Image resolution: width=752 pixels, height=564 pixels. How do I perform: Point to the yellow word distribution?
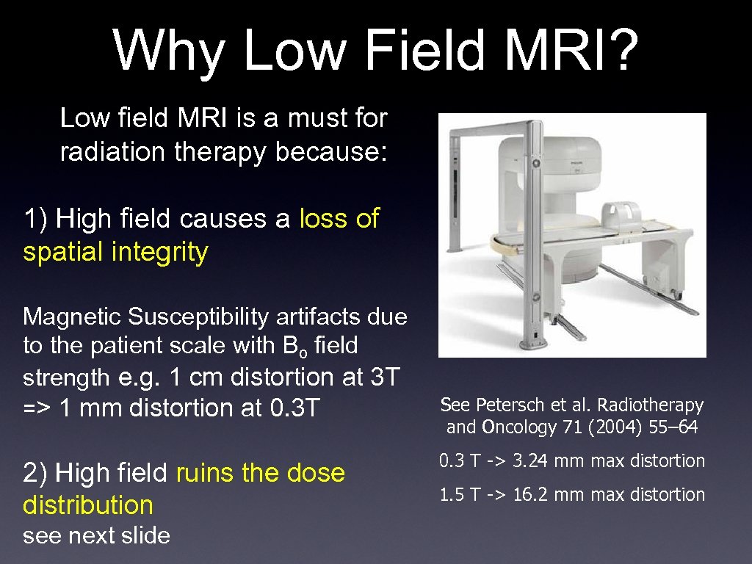click(88, 505)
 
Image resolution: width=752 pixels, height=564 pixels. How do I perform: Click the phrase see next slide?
click(96, 535)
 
